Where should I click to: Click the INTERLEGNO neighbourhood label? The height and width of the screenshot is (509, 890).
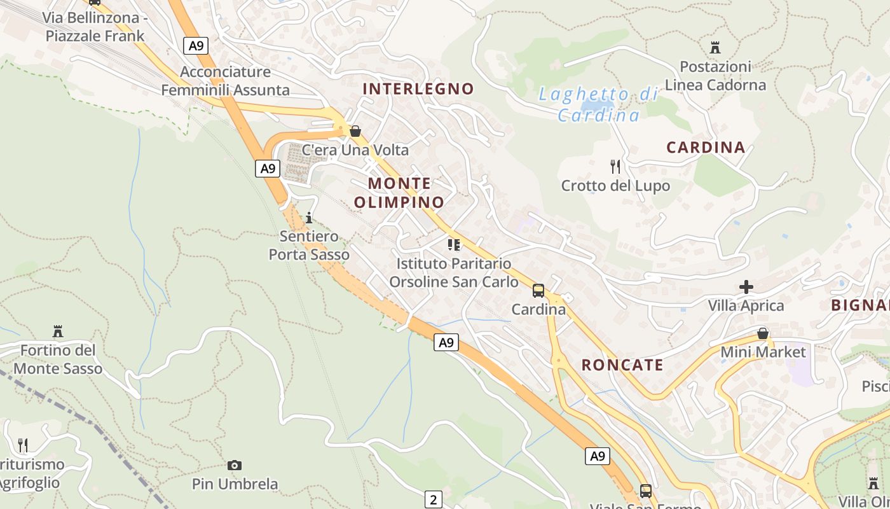(x=418, y=89)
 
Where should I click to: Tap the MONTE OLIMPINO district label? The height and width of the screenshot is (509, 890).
(x=399, y=193)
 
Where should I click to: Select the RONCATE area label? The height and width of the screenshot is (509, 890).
(x=622, y=365)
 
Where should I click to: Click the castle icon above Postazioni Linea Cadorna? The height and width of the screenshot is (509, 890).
(x=715, y=47)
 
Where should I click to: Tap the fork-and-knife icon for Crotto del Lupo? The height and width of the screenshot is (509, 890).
(x=615, y=167)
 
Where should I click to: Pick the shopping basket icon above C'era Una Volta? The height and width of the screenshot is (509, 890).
(x=355, y=132)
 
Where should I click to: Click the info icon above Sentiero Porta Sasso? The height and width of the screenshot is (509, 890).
(x=309, y=218)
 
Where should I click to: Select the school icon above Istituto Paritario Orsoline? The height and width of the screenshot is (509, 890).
(x=453, y=244)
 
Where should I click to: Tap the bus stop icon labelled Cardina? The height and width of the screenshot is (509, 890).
(x=538, y=291)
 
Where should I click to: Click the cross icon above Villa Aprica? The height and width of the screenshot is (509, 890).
(x=746, y=287)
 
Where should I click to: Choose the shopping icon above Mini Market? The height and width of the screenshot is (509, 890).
(x=763, y=333)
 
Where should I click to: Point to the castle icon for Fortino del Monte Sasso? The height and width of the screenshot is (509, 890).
(x=58, y=331)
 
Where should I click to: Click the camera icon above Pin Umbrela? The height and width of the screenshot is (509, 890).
(x=235, y=466)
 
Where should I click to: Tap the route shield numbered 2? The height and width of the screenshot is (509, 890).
(x=433, y=499)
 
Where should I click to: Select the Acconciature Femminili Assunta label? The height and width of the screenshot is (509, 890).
(x=225, y=81)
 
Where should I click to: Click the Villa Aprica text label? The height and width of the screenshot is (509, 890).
(x=746, y=305)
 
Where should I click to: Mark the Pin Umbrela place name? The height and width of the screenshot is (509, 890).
(x=235, y=484)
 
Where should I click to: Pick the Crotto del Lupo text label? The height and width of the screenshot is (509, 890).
(x=615, y=186)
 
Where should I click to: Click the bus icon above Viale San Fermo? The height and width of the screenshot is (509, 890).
(x=645, y=491)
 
